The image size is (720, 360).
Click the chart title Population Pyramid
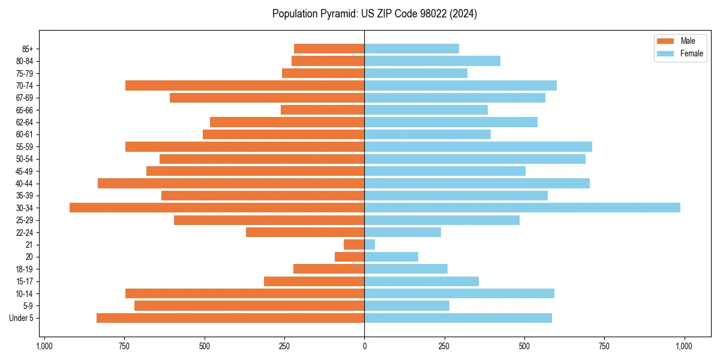click(374, 14)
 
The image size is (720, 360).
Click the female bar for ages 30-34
click(522, 208)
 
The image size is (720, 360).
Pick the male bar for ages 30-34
click(217, 208)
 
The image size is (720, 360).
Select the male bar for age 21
click(354, 245)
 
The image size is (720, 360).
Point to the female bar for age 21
click(370, 245)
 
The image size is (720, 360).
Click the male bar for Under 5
click(230, 318)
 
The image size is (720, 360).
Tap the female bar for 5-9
click(407, 306)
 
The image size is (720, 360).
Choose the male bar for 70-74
click(245, 85)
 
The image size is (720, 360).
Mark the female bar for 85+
click(412, 49)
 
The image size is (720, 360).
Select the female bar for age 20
click(391, 257)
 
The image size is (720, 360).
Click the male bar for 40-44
click(231, 183)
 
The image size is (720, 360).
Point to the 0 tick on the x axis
click(364, 346)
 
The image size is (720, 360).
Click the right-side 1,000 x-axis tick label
click(684, 346)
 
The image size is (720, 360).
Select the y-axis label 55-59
click(25, 146)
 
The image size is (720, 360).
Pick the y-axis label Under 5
click(22, 318)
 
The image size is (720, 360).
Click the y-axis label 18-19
click(25, 269)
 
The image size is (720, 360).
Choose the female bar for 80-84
click(432, 61)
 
